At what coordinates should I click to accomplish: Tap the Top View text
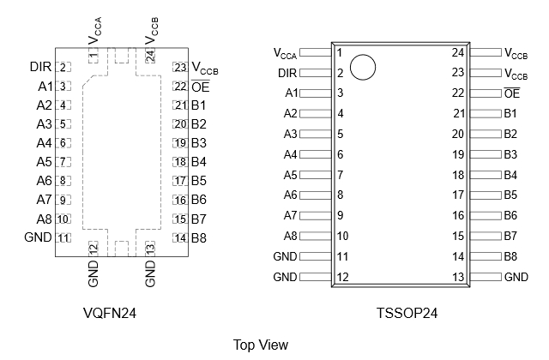261,345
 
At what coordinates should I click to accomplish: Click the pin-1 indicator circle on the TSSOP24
364,68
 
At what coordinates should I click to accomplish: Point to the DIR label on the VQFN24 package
40,67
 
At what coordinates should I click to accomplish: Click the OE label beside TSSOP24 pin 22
512,93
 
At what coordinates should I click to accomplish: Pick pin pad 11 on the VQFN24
63,237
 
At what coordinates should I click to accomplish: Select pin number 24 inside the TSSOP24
457,53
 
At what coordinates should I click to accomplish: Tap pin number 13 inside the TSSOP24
457,277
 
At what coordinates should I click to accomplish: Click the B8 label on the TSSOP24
510,256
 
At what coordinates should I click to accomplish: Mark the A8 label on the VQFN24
45,219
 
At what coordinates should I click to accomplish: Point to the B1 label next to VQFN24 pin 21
199,105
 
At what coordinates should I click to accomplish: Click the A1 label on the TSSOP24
291,93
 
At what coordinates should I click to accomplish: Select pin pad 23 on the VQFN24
180,67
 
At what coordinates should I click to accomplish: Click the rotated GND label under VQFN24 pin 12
94,273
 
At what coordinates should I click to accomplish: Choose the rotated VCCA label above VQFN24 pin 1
94,31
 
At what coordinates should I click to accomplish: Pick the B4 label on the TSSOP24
510,175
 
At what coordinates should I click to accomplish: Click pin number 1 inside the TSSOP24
340,53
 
